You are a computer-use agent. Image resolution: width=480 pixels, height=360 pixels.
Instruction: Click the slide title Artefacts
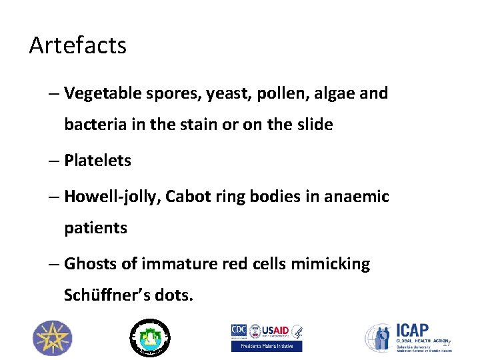[x=78, y=46]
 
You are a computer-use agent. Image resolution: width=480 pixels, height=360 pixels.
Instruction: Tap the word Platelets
[x=97, y=161]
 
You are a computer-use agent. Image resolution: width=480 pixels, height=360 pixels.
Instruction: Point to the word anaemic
[x=357, y=197]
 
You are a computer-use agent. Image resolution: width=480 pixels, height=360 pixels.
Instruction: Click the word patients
[x=95, y=228]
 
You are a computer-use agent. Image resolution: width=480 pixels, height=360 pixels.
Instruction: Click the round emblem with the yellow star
[x=53, y=337]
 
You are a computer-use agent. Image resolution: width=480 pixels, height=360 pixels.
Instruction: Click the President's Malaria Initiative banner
[x=267, y=346]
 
